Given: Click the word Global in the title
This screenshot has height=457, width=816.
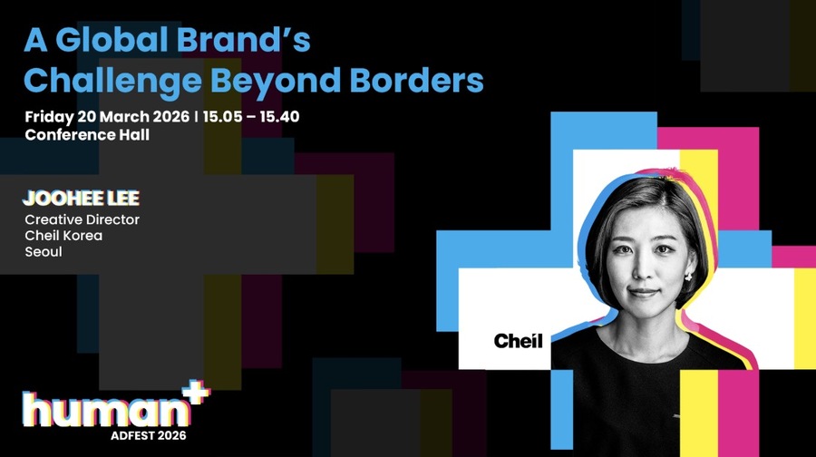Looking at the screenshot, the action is click(x=112, y=40).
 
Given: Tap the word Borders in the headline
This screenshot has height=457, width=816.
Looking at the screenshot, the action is click(x=416, y=80).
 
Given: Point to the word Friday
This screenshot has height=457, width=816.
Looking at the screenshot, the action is click(x=49, y=117).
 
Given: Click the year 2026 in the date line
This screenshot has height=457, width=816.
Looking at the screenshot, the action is click(x=170, y=117).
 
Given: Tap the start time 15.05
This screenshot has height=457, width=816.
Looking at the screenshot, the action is click(x=223, y=117).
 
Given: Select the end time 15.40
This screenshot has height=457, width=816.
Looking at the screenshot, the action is click(x=279, y=117).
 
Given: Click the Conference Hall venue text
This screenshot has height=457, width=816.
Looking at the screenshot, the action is click(x=87, y=135).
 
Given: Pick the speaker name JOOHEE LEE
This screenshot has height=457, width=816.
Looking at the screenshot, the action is click(x=82, y=198).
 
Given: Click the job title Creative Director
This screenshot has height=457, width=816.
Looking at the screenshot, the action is click(x=83, y=219).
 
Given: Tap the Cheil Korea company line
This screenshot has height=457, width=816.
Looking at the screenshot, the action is click(x=63, y=236).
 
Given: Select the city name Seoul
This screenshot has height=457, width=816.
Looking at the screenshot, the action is click(x=44, y=252).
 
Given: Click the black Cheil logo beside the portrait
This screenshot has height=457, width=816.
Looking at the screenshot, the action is click(x=518, y=341).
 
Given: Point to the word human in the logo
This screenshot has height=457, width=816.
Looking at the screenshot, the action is click(x=105, y=410).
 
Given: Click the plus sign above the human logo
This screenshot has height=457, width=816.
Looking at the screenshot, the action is click(x=199, y=392).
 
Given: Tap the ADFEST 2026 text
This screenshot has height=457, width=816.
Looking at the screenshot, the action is click(x=149, y=435).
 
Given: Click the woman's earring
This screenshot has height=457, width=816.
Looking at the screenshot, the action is click(x=688, y=276).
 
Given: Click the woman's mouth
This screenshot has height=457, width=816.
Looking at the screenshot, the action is click(x=644, y=291).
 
